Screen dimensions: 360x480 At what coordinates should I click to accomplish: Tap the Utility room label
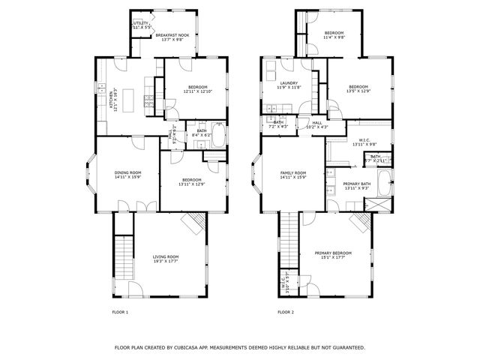click(141, 25)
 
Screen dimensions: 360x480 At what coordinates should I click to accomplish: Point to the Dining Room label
click(127, 174)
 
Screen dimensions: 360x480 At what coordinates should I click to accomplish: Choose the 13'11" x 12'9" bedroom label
click(193, 181)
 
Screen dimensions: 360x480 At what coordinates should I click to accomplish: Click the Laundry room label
click(289, 85)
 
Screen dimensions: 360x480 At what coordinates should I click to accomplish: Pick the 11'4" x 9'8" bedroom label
click(334, 34)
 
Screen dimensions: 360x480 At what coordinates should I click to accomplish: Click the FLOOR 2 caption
click(286, 312)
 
